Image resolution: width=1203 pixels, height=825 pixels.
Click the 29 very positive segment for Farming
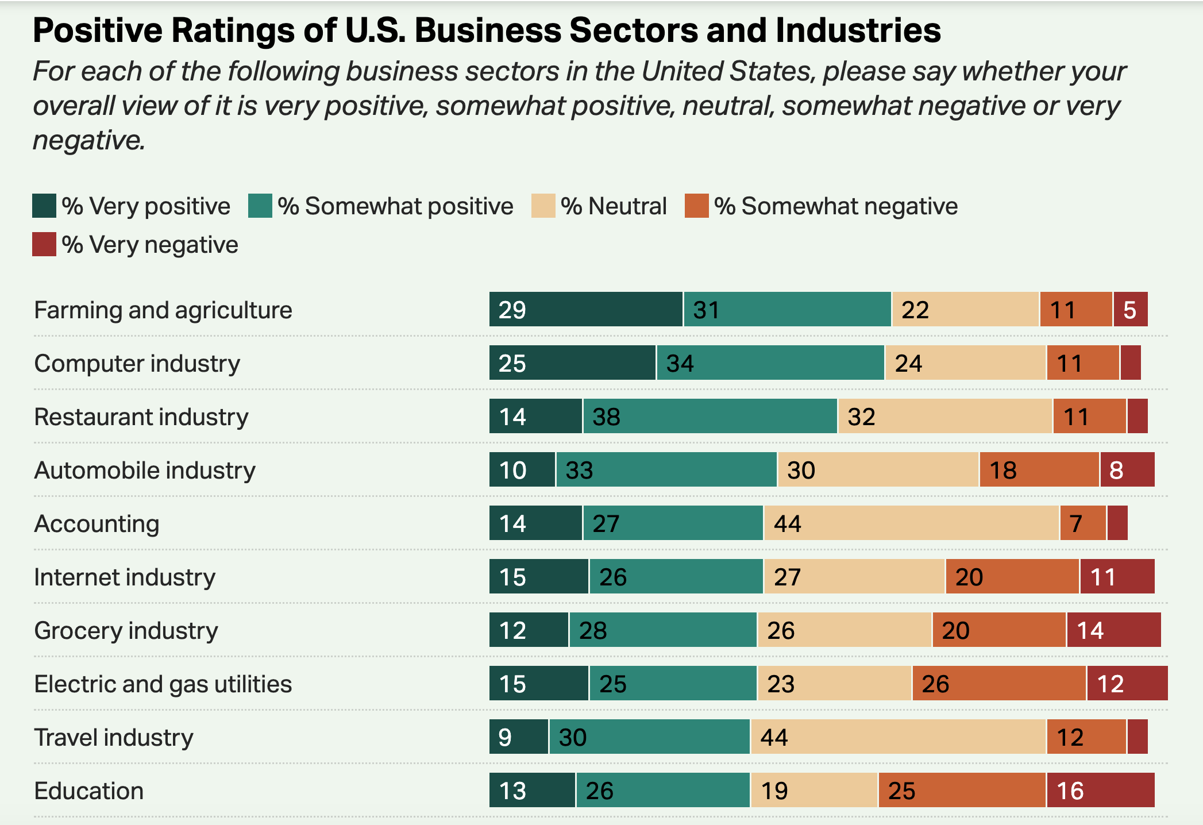point(586,310)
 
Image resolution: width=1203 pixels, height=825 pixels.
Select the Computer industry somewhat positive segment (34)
point(770,363)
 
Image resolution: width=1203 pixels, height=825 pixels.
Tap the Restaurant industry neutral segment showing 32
point(945,417)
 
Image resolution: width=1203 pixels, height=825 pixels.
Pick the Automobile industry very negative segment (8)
point(1127,470)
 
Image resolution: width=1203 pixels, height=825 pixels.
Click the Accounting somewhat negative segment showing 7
point(1083,523)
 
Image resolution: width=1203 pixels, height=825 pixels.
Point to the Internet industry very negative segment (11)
point(1117,577)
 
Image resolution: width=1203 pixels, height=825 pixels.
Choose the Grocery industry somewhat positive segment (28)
point(663,630)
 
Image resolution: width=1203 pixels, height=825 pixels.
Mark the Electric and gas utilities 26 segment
point(999,684)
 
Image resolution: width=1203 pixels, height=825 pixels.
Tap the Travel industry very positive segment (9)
point(519,737)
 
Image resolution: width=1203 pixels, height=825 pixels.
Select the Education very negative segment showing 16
point(1100,791)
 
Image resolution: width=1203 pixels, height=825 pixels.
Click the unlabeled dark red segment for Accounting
point(1117,523)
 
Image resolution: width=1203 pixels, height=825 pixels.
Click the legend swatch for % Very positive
point(44,206)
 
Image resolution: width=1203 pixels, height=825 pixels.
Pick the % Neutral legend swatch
point(543,206)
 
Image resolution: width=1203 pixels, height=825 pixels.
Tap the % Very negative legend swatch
point(44,245)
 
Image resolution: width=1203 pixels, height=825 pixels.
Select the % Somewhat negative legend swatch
point(696,206)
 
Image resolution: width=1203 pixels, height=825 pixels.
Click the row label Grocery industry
point(126,631)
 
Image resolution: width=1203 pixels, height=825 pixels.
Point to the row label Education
point(88,791)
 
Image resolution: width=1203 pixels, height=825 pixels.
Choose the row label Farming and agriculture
point(163,310)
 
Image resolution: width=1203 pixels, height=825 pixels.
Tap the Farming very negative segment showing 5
point(1131,310)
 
